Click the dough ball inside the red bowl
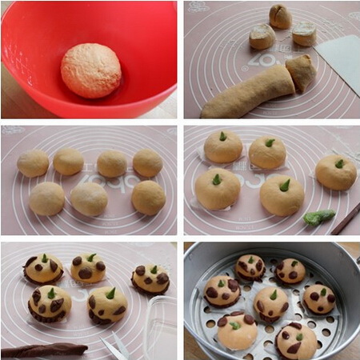[90, 70]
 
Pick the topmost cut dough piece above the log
[280, 15]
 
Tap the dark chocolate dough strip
[44, 350]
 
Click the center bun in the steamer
[270, 303]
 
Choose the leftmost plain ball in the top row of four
[33, 163]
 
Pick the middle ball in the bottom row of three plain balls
[89, 198]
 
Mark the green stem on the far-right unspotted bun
[339, 163]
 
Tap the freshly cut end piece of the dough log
[301, 71]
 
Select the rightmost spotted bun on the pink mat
[150, 278]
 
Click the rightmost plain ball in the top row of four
[147, 162]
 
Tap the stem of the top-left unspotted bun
[222, 136]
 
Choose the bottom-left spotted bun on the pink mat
[49, 303]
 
